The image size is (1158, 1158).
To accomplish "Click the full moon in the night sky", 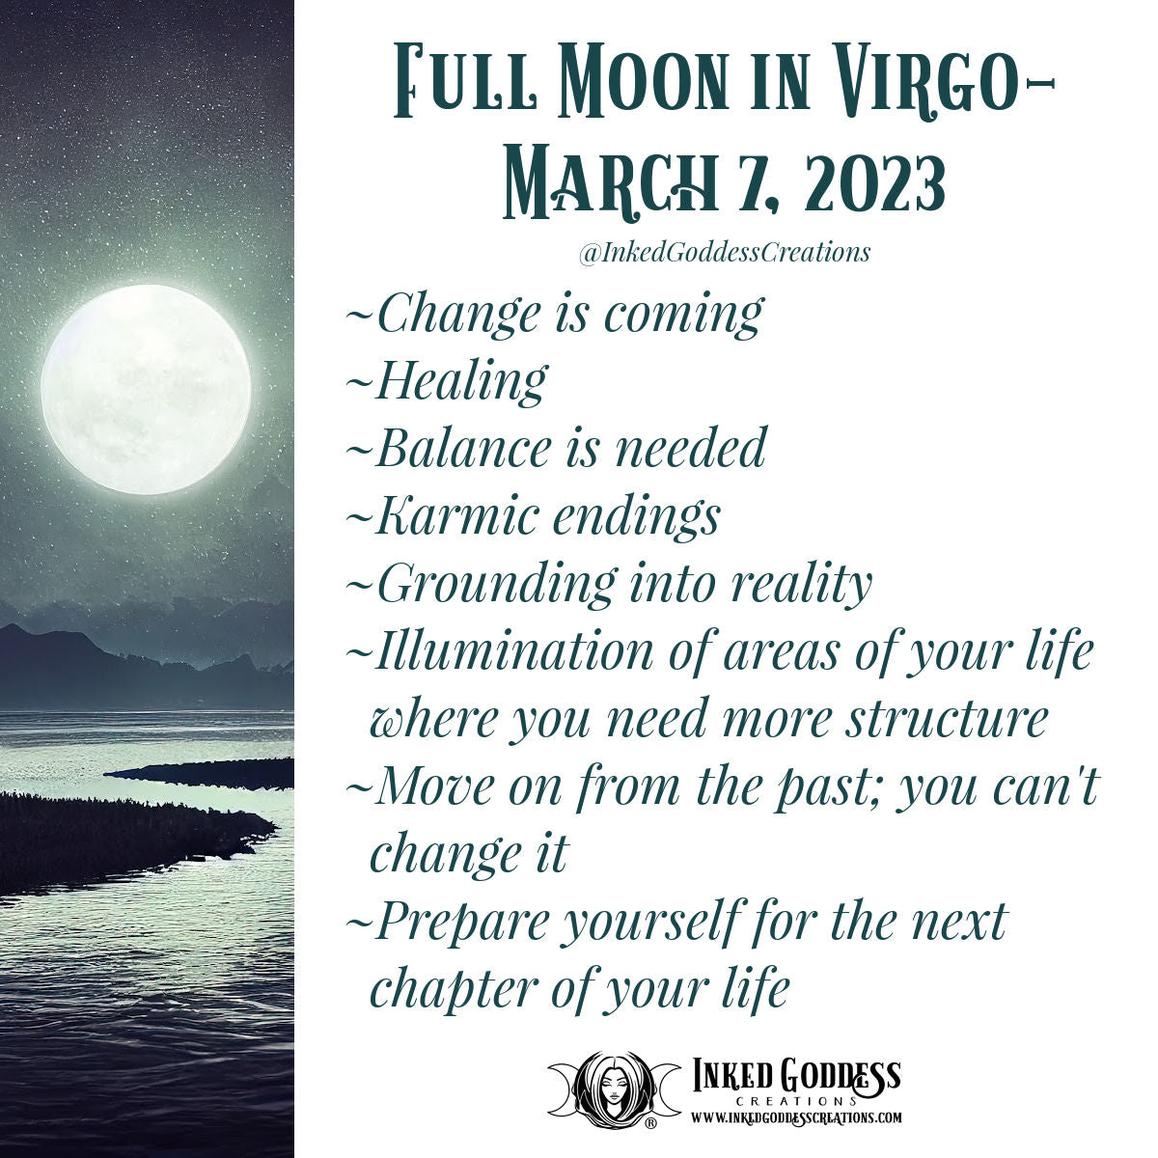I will (x=146, y=389).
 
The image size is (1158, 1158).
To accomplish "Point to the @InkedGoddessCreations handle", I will (x=724, y=253).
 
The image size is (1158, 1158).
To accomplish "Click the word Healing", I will (x=461, y=381).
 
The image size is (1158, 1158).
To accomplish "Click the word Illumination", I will (x=514, y=651).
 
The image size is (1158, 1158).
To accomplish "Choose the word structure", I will (x=946, y=719).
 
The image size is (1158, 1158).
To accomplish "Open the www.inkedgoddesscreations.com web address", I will (x=796, y=1117).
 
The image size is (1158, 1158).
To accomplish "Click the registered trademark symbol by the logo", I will (x=650, y=1123).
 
